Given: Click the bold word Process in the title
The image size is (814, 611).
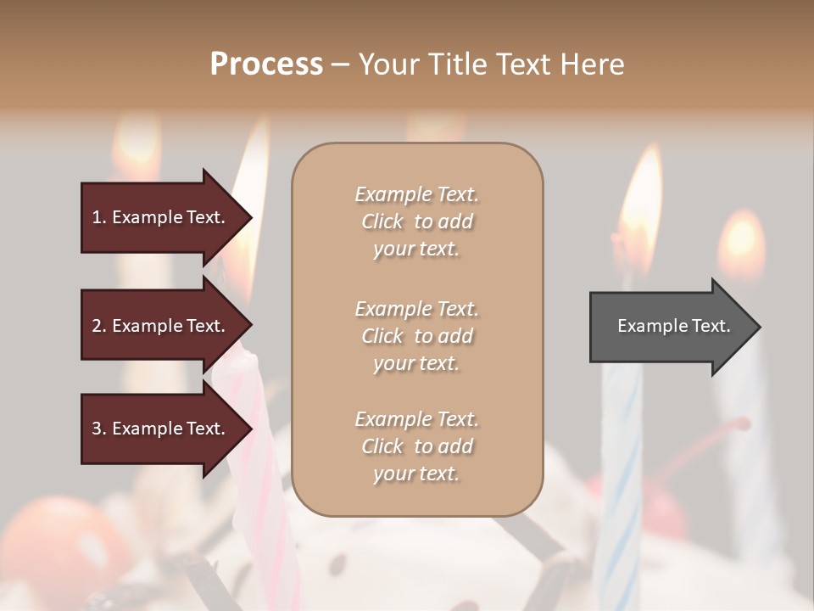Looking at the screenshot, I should (x=266, y=64).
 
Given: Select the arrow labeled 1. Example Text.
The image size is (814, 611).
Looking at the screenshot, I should (x=161, y=217).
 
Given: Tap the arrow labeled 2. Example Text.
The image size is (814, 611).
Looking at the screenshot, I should (x=161, y=326).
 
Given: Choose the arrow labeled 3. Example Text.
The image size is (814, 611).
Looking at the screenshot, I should (x=161, y=429).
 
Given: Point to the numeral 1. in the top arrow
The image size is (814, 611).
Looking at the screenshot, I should (x=99, y=217).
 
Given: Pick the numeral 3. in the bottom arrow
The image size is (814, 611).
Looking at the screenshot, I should (x=99, y=429).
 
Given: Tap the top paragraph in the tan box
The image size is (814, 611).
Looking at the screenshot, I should (x=417, y=221).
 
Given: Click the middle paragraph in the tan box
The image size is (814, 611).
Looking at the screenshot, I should (x=417, y=336).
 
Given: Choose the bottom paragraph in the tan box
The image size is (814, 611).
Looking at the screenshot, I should (x=417, y=446).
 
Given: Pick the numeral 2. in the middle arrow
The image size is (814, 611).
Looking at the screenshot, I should (x=99, y=326).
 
